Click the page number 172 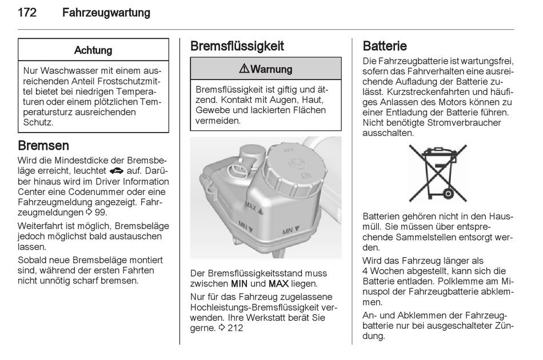[27, 13]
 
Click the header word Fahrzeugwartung [106, 13]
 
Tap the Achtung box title [93, 50]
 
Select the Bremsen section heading [43, 145]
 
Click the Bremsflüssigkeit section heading [237, 46]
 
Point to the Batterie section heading [385, 46]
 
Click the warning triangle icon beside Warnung [244, 69]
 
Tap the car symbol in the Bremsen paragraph [117, 171]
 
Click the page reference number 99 [101, 212]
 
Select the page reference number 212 [235, 328]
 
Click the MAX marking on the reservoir [251, 206]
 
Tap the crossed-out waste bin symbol [438, 173]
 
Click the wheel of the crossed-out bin [449, 193]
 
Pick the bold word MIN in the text [239, 284]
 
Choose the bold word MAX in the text [278, 284]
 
